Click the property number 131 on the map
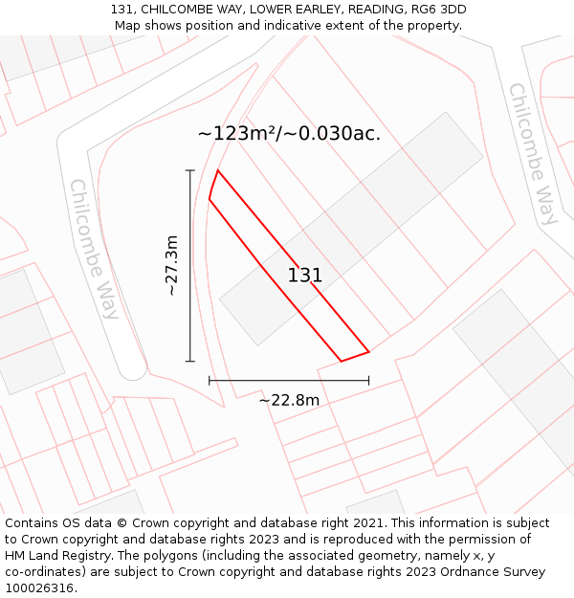305,276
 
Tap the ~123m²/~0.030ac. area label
289,133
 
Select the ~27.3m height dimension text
171,265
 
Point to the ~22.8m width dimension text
289,400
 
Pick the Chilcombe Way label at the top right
533,153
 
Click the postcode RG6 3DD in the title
438,10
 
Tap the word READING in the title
371,10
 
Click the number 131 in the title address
121,10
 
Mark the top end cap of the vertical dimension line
190,170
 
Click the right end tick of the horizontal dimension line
368,381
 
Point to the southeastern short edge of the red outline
355,356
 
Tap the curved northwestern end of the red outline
212,185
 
